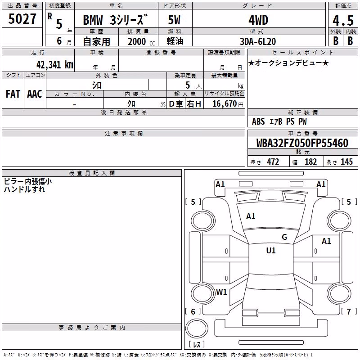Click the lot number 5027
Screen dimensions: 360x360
(x=22, y=19)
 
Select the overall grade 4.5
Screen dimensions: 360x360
(x=343, y=21)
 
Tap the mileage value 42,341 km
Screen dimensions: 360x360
(x=55, y=64)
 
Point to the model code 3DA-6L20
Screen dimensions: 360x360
(x=258, y=41)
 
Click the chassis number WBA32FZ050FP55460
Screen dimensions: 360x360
(x=302, y=143)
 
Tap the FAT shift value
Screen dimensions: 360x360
(x=13, y=94)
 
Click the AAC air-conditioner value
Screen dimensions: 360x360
(x=35, y=94)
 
